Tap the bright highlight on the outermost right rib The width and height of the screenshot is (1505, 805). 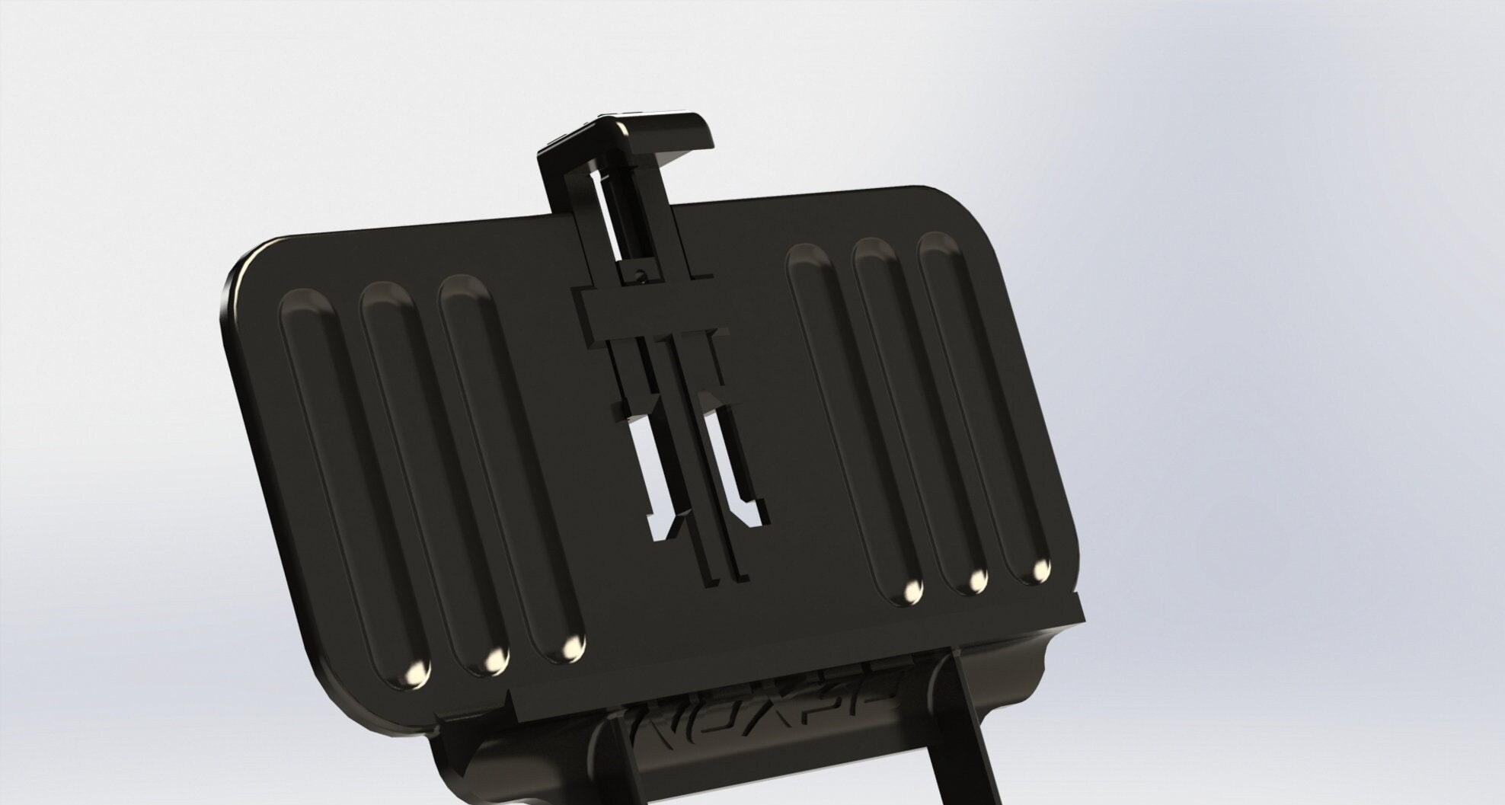(1040, 568)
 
